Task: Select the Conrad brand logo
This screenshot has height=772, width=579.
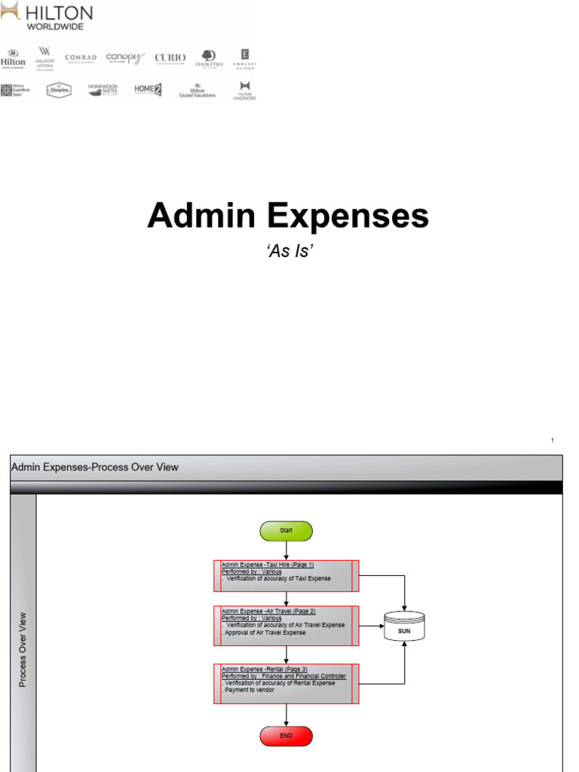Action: (81, 58)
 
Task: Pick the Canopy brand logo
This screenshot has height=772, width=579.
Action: (124, 58)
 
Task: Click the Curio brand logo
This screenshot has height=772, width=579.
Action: (170, 58)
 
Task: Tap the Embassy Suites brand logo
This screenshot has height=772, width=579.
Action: (244, 58)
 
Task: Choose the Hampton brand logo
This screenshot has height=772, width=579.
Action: (59, 90)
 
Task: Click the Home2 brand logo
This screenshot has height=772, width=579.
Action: (148, 90)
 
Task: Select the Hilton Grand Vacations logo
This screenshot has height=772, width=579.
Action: (197, 90)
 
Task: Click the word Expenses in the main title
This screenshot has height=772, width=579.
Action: (348, 216)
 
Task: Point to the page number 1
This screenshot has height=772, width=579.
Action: (553, 440)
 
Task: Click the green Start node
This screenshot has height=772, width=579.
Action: (286, 531)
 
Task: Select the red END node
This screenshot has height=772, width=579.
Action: (286, 736)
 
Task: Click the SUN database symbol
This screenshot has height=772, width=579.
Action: (404, 627)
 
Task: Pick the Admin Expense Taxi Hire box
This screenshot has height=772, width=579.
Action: (286, 576)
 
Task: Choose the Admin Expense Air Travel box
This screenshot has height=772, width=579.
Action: (286, 625)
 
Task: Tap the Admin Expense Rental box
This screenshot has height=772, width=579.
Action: (286, 683)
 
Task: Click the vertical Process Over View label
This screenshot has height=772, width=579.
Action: (23, 648)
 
